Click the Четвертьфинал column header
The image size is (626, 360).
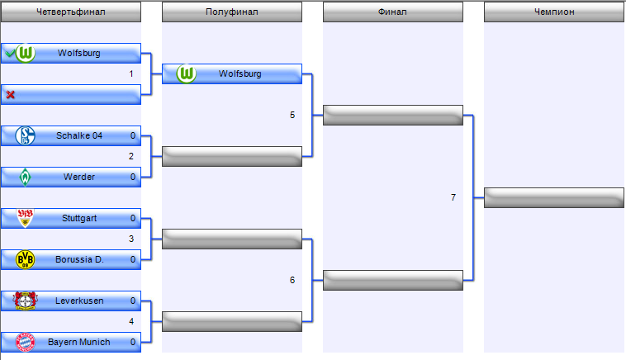pos(71,12)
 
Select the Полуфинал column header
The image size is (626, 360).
pos(231,12)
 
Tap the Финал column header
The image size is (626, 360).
pos(392,12)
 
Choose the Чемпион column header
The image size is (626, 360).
pos(553,12)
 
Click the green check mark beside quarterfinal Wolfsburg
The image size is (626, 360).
pos(9,54)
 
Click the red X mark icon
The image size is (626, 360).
pos(10,95)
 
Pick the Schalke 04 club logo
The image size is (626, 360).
pos(26,136)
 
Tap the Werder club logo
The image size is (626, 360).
pos(26,177)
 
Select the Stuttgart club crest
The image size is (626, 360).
pos(26,219)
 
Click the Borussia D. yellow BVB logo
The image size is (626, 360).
pos(26,259)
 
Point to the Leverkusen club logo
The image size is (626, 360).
pos(26,301)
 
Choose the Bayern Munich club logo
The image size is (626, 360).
pos(26,342)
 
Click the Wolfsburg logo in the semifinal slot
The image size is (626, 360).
pos(186,74)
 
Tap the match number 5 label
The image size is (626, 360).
pos(292,115)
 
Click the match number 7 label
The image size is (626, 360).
pos(453,197)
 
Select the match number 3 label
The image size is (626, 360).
pos(131,239)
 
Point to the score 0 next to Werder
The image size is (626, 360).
pos(132,177)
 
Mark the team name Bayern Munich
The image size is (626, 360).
pos(78,342)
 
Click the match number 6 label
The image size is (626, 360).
pos(292,280)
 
